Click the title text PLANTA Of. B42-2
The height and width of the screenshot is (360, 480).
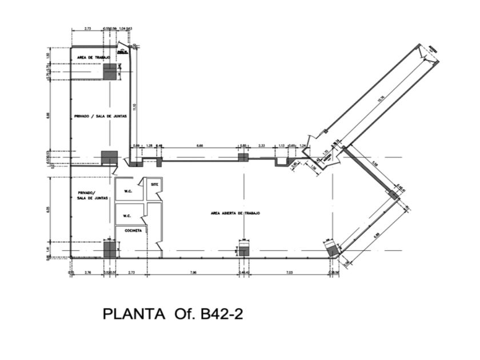[173, 314]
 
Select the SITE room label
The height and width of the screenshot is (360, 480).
[154, 185]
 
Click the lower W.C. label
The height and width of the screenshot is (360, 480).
[128, 216]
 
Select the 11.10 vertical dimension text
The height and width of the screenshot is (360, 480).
[134, 106]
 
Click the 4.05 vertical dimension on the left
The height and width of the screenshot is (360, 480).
[50, 209]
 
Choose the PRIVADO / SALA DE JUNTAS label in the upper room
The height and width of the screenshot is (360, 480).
[100, 116]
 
